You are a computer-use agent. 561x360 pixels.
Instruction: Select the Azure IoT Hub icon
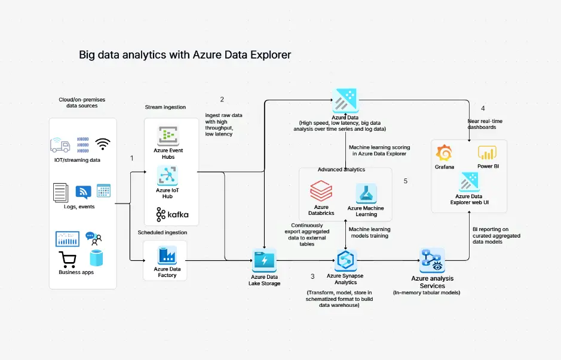click(168, 176)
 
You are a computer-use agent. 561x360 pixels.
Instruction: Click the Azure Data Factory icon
click(165, 255)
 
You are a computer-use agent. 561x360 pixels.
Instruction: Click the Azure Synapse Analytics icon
click(345, 260)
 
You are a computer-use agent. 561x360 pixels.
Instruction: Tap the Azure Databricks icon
click(321, 192)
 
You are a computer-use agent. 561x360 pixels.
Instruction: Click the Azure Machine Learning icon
click(366, 193)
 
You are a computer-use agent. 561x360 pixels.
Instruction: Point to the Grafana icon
click(444, 153)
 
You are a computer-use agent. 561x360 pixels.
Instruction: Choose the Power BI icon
click(488, 153)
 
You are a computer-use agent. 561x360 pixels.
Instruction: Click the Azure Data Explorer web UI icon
click(468, 181)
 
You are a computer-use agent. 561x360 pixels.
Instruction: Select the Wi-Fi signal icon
click(103, 144)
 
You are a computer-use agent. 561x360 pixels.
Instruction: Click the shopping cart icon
click(68, 260)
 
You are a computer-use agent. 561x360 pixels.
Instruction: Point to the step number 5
click(406, 181)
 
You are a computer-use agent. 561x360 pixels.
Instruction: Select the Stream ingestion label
click(165, 107)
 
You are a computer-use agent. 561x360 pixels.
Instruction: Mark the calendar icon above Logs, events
click(103, 191)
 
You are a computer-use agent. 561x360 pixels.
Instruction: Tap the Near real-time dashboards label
click(485, 124)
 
